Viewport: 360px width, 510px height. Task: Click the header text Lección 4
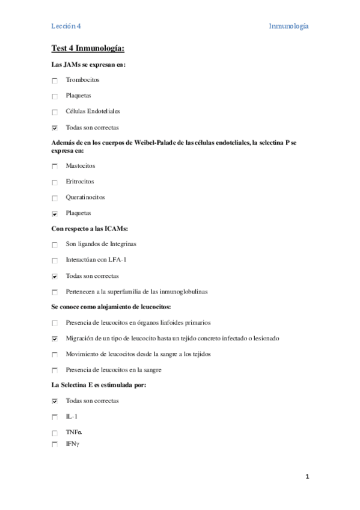(66, 26)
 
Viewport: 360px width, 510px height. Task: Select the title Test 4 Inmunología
(88, 49)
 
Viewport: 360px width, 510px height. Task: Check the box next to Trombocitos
(55, 81)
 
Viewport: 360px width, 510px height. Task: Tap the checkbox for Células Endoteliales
(55, 112)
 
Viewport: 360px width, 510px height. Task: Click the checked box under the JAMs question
(55, 127)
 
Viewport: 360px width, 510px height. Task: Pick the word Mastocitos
(81, 165)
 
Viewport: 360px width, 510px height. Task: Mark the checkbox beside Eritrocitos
(55, 182)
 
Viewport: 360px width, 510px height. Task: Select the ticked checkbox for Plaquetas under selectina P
(55, 214)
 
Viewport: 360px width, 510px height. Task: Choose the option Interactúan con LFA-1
(96, 260)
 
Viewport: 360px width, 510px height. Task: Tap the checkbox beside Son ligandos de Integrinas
(55, 245)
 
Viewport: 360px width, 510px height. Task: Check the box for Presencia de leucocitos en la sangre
(55, 370)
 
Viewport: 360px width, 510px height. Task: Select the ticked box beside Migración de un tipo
(55, 339)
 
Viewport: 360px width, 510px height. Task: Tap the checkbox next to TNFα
(55, 433)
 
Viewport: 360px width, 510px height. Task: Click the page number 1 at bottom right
(307, 477)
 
